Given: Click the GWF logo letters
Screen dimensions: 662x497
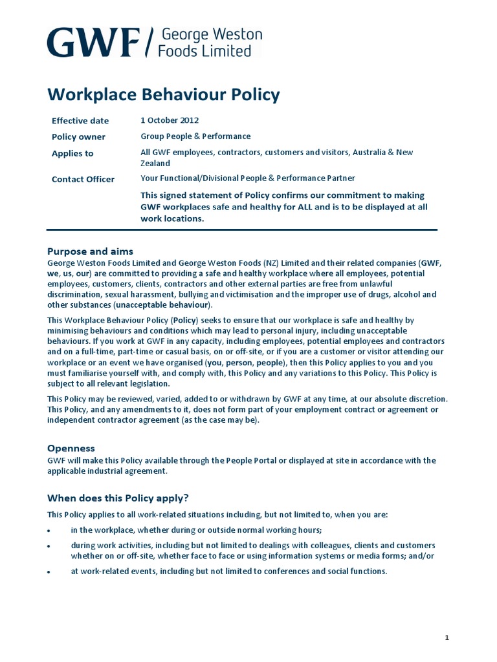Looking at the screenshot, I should (94, 43).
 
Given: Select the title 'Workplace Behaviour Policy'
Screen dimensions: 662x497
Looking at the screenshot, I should (164, 95).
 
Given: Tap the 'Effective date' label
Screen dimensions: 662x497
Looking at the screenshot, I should (80, 121).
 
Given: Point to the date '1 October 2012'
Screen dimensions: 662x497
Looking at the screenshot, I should (170, 120).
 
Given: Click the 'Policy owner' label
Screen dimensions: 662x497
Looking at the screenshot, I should (78, 137).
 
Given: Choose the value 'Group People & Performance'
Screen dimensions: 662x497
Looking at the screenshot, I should (195, 136).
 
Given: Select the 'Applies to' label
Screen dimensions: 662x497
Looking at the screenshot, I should (72, 154).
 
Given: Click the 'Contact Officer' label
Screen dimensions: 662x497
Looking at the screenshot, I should (83, 180).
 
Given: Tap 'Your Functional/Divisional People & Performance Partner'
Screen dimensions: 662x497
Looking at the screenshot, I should (248, 178).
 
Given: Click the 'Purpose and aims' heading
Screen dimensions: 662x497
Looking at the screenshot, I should (91, 251).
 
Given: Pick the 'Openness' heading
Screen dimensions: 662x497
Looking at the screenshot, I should (71, 448).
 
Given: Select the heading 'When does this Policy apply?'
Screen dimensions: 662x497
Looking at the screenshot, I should (118, 498).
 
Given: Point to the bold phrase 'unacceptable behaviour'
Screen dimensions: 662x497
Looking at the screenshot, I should (162, 304).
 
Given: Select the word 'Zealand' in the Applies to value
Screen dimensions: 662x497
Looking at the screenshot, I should (155, 164).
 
